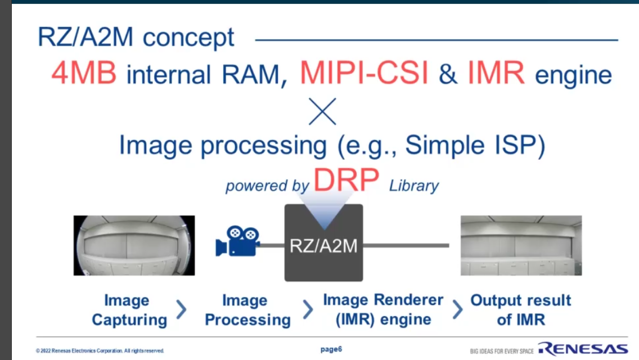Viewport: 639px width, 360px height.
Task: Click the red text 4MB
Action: coord(84,73)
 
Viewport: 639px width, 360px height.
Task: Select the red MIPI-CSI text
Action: coord(364,73)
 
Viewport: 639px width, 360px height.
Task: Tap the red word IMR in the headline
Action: coord(496,73)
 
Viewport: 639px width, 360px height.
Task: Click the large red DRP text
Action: coord(346,179)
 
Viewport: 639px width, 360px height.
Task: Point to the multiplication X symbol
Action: coord(322,111)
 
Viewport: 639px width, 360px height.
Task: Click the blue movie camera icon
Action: coord(237,241)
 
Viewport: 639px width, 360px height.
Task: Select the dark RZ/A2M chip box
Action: coord(323,242)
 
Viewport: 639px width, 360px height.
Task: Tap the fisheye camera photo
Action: coord(134,245)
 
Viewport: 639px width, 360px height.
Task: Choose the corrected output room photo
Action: coord(521,245)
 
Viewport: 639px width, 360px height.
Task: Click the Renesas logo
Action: coord(583,349)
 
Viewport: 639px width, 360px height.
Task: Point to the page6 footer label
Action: coord(331,349)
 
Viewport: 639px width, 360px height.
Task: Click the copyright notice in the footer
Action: coord(100,350)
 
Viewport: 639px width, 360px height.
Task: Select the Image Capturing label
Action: coord(129,310)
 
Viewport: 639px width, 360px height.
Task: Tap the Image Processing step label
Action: coord(247,310)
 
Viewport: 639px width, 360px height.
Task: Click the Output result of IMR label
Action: coord(521,310)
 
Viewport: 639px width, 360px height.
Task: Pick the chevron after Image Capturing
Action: coord(182,309)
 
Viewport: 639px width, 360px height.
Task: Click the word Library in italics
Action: coord(414,186)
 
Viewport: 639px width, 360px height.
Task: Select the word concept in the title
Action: coord(188,38)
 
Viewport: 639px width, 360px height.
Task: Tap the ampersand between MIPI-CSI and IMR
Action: coord(447,74)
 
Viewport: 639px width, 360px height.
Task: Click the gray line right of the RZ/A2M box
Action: coord(406,245)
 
